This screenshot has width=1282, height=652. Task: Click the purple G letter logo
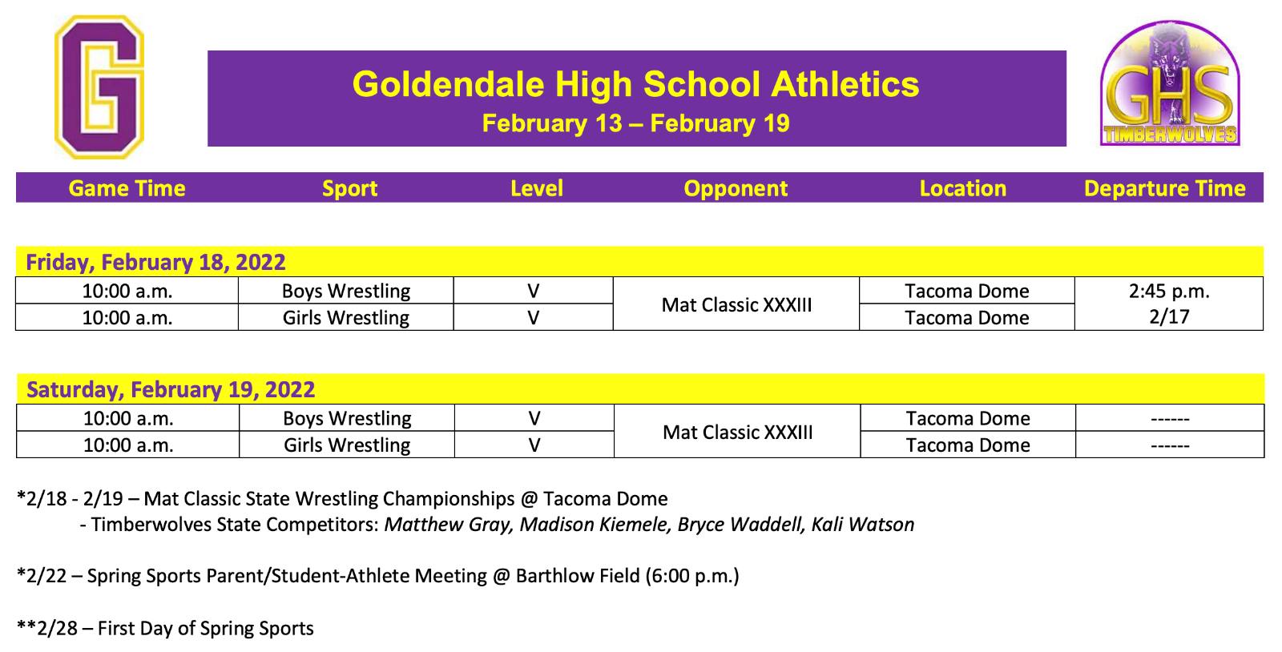[x=99, y=87]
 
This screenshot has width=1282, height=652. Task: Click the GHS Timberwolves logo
[x=1170, y=84]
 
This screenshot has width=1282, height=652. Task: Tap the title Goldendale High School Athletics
[x=635, y=85]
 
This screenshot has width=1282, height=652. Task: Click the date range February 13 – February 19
[x=635, y=123]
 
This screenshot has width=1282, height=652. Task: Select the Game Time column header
[x=127, y=188]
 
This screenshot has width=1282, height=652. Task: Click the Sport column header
[x=349, y=188]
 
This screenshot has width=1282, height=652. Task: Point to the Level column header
[x=536, y=188]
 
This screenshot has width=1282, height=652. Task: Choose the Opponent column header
[x=736, y=188]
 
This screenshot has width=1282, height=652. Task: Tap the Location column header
[x=962, y=188]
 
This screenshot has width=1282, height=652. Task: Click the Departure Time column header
[x=1164, y=188]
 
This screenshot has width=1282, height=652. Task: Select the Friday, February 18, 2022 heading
[x=155, y=262]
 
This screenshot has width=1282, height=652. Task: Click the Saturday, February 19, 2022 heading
[x=171, y=389]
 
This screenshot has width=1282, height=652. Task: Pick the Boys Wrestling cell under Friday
[x=346, y=291]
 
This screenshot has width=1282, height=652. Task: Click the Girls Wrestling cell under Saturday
[x=347, y=445]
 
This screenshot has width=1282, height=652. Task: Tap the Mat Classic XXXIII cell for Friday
[x=736, y=304]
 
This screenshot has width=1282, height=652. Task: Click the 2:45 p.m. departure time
[x=1169, y=291]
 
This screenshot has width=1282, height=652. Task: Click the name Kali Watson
[x=863, y=525]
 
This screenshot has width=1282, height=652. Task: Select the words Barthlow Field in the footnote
[x=578, y=576]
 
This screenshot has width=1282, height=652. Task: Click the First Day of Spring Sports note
[x=205, y=629]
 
